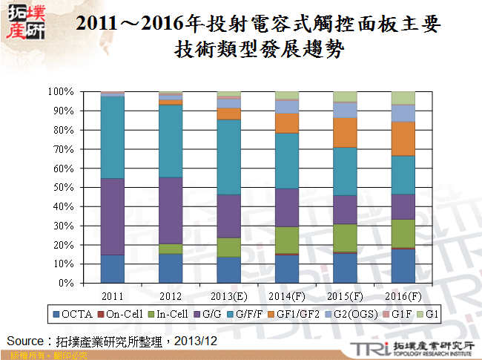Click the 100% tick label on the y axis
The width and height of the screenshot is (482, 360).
point(62,92)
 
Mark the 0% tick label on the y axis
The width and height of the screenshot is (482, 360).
point(66,284)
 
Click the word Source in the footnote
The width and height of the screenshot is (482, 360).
point(26,341)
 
